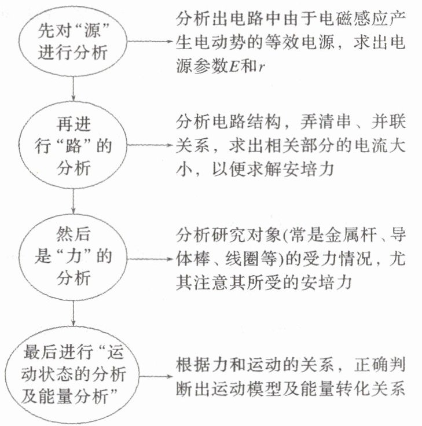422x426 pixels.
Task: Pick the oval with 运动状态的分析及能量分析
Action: pyautogui.click(x=74, y=368)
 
